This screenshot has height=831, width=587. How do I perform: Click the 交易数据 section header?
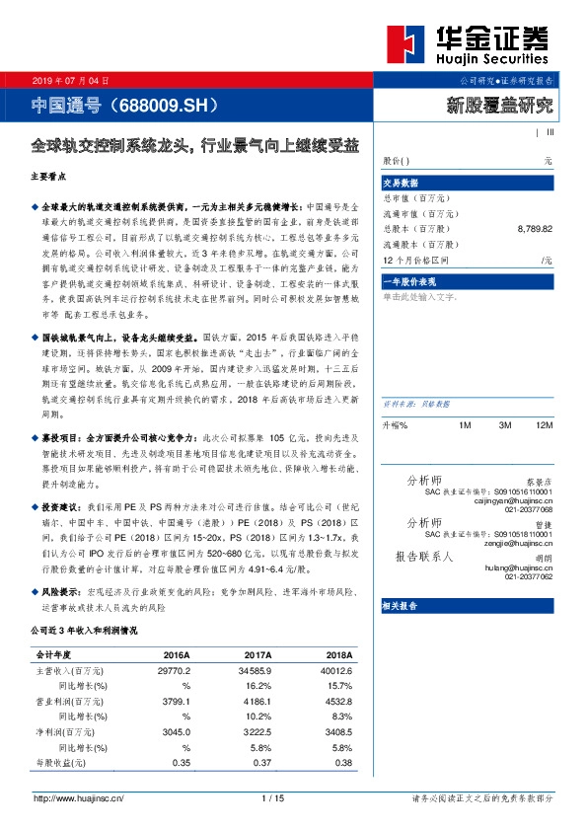pos(401,183)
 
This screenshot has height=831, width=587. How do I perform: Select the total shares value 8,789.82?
pos(534,229)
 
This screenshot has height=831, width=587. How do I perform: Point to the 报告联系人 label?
pos(424,557)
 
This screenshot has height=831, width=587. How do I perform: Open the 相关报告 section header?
pos(401,608)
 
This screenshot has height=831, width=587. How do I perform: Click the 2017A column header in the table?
pos(257,654)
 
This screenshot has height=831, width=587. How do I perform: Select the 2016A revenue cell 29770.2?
pos(174,670)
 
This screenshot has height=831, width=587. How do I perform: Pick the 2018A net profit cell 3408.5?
pos(336,733)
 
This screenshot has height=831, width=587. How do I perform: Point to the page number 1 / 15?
pos(273,798)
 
